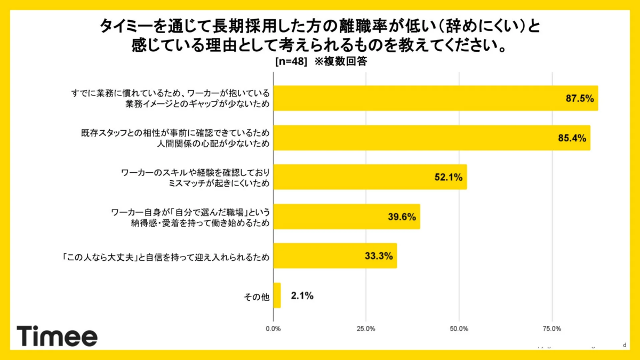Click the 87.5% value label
pyautogui.click(x=580, y=99)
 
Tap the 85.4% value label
pyautogui.click(x=572, y=138)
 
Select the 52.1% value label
pyautogui.click(x=448, y=178)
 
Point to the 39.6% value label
pyautogui.click(x=402, y=217)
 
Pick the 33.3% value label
pyautogui.click(x=379, y=257)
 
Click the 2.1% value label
pyautogui.click(x=302, y=295)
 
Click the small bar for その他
pyautogui.click(x=277, y=295)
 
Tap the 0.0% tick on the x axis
pyautogui.click(x=273, y=328)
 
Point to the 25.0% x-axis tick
pyautogui.click(x=366, y=328)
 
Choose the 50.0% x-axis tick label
pyautogui.click(x=459, y=328)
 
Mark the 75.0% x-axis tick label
pyautogui.click(x=552, y=328)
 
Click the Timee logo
pyautogui.click(x=57, y=336)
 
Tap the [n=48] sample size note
pyautogui.click(x=291, y=61)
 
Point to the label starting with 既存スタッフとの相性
pyautogui.click(x=172, y=138)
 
